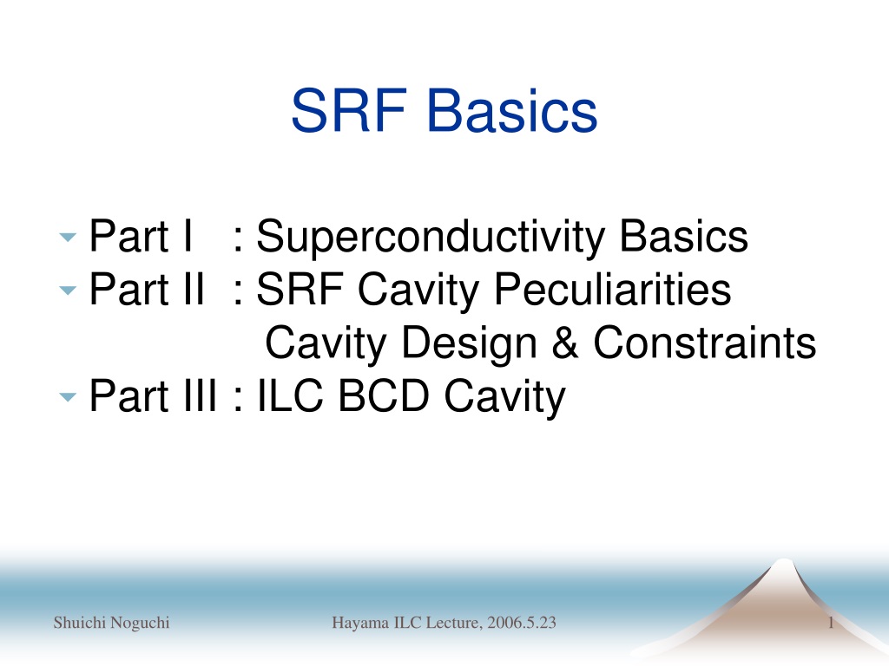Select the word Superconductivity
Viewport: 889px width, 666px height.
[x=431, y=237]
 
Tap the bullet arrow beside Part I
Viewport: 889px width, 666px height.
[x=68, y=238]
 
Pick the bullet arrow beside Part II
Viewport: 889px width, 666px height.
[x=68, y=291]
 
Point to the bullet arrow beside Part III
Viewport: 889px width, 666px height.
[x=68, y=397]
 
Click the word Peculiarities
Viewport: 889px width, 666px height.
[x=612, y=290]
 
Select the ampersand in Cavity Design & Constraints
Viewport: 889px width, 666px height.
[x=565, y=343]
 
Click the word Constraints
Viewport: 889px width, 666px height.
[x=705, y=343]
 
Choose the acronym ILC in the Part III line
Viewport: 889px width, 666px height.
[x=290, y=395]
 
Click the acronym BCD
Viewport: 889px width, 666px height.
[x=384, y=395]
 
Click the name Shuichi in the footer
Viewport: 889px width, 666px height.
[x=79, y=623]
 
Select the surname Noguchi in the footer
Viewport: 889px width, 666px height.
[x=140, y=624]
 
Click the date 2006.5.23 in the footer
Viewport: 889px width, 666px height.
[x=522, y=623]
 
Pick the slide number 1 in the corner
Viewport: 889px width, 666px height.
[x=831, y=623]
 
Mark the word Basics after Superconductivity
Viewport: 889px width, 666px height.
[x=684, y=236]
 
